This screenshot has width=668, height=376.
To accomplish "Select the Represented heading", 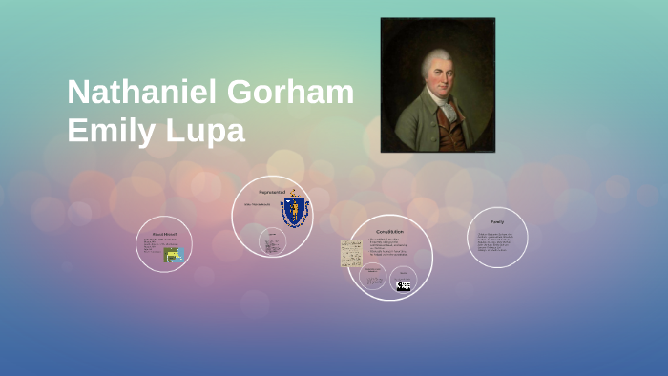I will pos(272,192).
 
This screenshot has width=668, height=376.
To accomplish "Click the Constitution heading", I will pos(388,232).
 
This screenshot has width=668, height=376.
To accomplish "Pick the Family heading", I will pos(497,221).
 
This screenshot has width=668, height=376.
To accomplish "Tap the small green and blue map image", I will pos(174,255).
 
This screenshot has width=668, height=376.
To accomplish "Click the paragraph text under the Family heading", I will pos(496,242).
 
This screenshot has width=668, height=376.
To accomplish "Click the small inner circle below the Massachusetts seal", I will pos(273,242).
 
